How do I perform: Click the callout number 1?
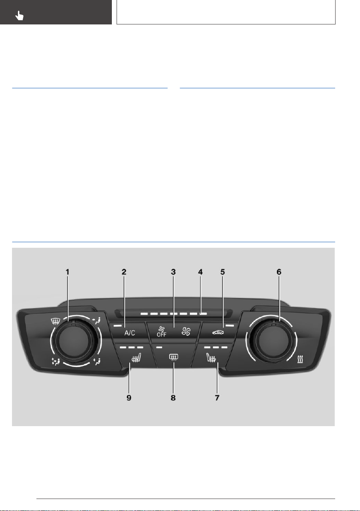pyautogui.click(x=67, y=272)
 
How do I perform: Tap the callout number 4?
pyautogui.click(x=201, y=272)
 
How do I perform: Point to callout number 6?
pyautogui.click(x=279, y=272)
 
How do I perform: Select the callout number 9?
pyautogui.click(x=129, y=397)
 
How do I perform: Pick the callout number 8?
pyautogui.click(x=173, y=397)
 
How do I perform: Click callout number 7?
pyautogui.click(x=217, y=397)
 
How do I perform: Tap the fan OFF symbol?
pyautogui.click(x=161, y=332)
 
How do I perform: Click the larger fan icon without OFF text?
pyautogui.click(x=186, y=331)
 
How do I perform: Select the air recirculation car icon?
pyautogui.click(x=218, y=332)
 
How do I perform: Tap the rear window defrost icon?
pyautogui.click(x=173, y=358)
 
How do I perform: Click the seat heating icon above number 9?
pyautogui.click(x=136, y=358)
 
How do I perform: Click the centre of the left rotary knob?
pyautogui.click(x=72, y=340)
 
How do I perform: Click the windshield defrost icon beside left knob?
pyautogui.click(x=56, y=322)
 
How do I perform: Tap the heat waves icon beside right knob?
pyautogui.click(x=300, y=360)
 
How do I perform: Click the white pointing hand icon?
pyautogui.click(x=20, y=15)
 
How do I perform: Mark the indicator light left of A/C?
pyautogui.click(x=117, y=325)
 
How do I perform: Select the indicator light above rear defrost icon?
pyautogui.click(x=159, y=347)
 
